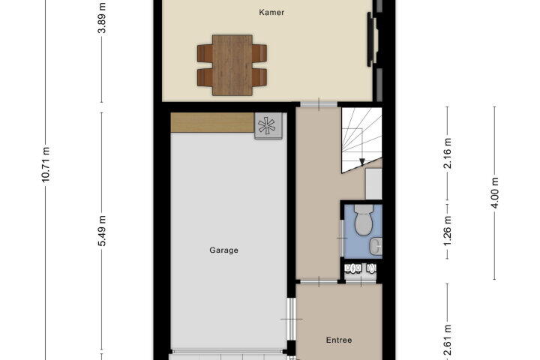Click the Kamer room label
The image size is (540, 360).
pos(271,13)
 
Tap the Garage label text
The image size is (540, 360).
pos(223,250)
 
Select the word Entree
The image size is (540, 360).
pos(339,340)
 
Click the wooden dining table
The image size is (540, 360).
pos(232,65)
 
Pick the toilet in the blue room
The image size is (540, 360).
pos(364,220)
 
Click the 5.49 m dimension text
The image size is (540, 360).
pos(102,231)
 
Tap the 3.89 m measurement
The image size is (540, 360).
pos(102,17)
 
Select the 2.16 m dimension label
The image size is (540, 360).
pos(447,153)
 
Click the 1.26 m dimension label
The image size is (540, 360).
pos(447,231)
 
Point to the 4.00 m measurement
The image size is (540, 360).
pos(494,193)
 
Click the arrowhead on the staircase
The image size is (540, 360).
pos(362,162)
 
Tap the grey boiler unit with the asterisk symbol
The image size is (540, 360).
pos(268,126)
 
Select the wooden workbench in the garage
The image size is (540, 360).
pos(212,122)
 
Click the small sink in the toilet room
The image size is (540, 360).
pos(376,246)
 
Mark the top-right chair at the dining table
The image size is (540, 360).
pos(259,53)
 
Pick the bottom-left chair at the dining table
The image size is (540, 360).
pos(205,77)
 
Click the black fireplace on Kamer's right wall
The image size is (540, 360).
pos(370,39)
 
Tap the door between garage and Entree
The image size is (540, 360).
pos(292,319)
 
